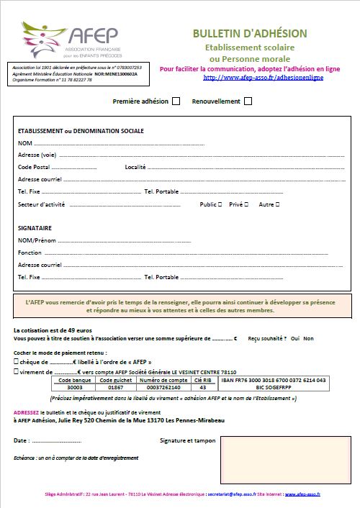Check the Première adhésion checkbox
click(176, 101)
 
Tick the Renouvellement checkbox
click(248, 101)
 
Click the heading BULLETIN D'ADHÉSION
click(249, 34)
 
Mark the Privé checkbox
click(246, 204)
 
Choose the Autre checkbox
click(277, 204)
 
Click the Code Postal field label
click(34, 167)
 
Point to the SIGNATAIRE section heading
click(35, 228)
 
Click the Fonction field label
click(30, 253)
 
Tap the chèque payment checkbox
click(17, 362)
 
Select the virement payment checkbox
click(17, 371)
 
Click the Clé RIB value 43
click(202, 387)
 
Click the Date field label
click(22, 440)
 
